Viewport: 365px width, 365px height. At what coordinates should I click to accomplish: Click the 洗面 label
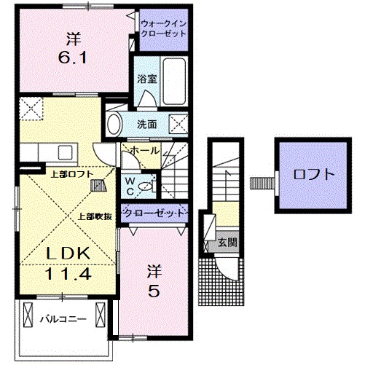pos(147,124)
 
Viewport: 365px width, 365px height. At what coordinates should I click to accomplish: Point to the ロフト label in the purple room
pos(314,175)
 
